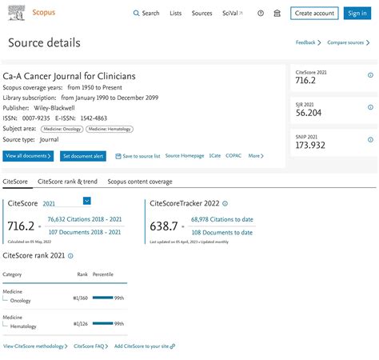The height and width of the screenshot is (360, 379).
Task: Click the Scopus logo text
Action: coord(45,14)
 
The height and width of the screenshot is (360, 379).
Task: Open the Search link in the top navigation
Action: coord(146,14)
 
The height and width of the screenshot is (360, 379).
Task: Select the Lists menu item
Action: coord(175,14)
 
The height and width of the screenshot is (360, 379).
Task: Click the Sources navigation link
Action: coord(201,14)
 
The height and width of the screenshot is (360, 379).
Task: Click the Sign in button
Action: coord(356,14)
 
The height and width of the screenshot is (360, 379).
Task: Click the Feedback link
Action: coord(306,42)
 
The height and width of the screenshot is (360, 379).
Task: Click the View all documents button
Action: coord(29,156)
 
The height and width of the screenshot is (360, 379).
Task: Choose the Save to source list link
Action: coord(138,156)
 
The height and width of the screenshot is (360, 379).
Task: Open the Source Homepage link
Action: coord(185,156)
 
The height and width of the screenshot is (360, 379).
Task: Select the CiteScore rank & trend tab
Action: coord(67,182)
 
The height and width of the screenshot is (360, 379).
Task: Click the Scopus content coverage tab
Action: coord(139,182)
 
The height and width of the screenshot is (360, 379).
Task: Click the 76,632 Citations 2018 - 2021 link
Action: coord(84,219)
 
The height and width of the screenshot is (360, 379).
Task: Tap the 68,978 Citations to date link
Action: coord(221,219)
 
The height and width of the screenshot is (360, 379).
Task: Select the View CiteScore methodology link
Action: coord(35,346)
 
